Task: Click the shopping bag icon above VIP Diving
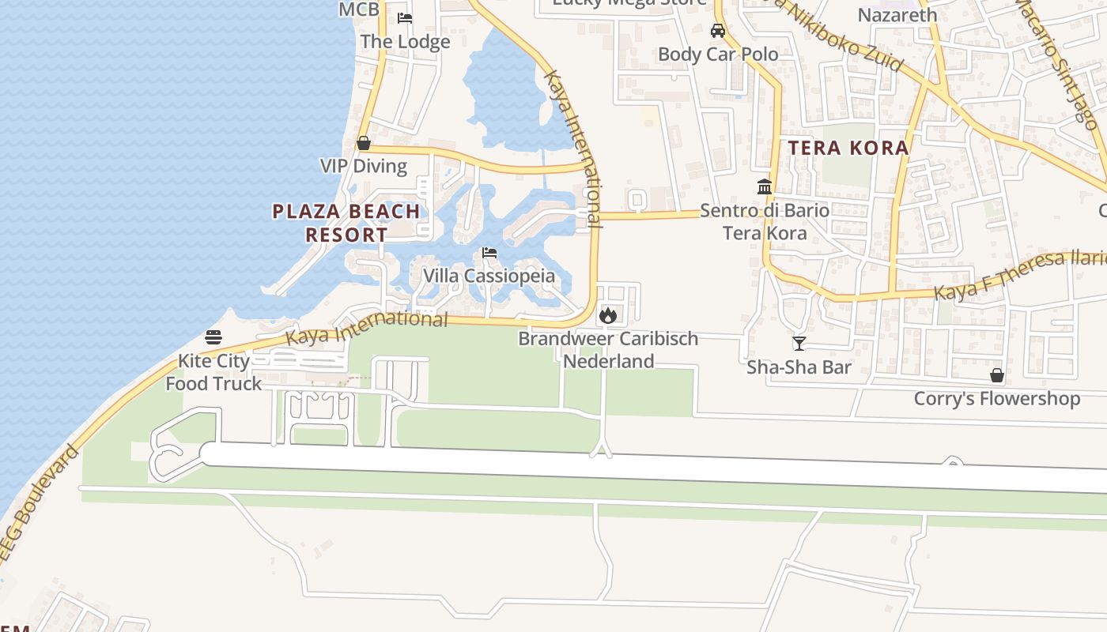click(x=364, y=143)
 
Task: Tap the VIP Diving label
click(x=364, y=166)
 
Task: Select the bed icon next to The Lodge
click(x=405, y=18)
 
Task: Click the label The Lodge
click(x=405, y=41)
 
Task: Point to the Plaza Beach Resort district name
click(x=346, y=223)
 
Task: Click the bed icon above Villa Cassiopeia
click(x=489, y=254)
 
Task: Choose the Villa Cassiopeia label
click(x=489, y=276)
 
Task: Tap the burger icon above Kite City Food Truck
click(x=213, y=337)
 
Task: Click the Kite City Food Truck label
click(x=213, y=372)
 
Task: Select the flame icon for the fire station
click(x=607, y=315)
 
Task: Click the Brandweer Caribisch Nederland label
click(x=608, y=350)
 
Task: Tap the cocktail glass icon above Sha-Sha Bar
click(x=799, y=344)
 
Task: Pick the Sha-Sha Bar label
click(x=799, y=367)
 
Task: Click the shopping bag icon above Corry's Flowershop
click(x=997, y=375)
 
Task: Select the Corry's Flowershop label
click(x=997, y=398)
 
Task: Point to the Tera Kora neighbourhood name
click(x=848, y=148)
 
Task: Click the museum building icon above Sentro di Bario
click(x=765, y=187)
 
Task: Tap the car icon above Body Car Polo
click(x=718, y=31)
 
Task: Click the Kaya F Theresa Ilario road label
click(x=1020, y=275)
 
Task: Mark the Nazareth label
click(x=897, y=14)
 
